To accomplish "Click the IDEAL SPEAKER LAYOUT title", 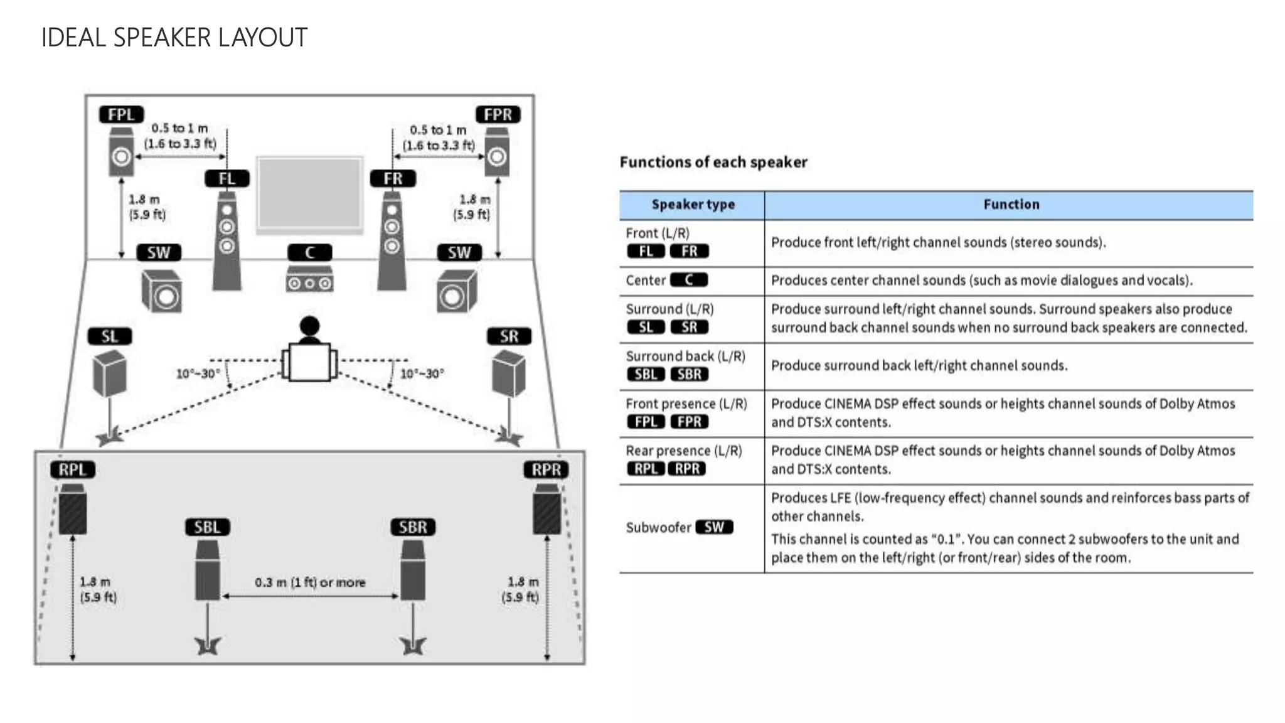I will point(174,38).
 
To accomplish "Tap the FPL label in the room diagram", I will point(121,115).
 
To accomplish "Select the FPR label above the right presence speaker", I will point(498,115).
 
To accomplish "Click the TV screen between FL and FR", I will point(310,193).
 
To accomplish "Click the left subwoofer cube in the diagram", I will point(162,291).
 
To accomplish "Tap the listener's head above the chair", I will point(309,326).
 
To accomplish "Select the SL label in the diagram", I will point(110,336).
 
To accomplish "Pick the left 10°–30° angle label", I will point(198,374).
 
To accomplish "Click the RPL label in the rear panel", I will point(73,469).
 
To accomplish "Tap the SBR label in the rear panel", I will point(413,527).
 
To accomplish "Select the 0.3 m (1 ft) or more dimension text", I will point(310,582).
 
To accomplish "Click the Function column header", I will point(1011,205).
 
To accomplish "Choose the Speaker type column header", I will point(693,205).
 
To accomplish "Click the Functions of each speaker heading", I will point(713,163).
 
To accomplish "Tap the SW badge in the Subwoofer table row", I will point(714,527).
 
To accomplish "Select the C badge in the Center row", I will point(689,280).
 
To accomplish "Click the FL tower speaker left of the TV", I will point(227,242).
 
